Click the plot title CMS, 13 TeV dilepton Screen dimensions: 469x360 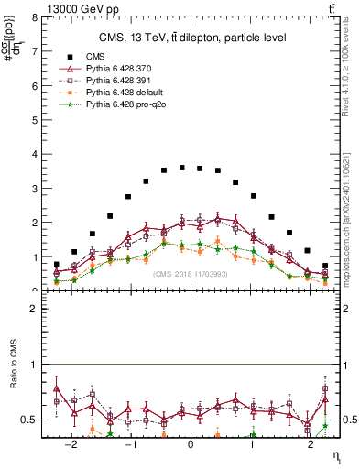pyautogui.click(x=192, y=37)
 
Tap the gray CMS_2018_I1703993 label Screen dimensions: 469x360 pyautogui.click(x=191, y=273)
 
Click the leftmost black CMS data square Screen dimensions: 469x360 pyautogui.click(x=56, y=265)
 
